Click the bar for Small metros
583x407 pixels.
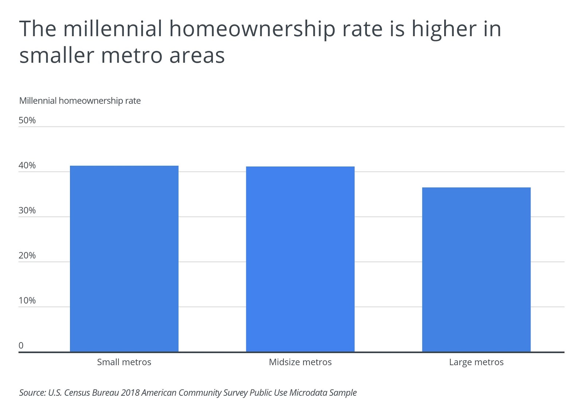pyautogui.click(x=124, y=259)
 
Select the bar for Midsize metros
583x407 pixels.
pyautogui.click(x=300, y=259)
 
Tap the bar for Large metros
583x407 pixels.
pyautogui.click(x=476, y=270)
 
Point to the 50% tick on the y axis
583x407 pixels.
pyautogui.click(x=27, y=121)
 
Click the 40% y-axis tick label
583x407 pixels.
pyautogui.click(x=27, y=165)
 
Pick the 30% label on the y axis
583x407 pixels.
pyautogui.click(x=27, y=211)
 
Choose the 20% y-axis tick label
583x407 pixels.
pyautogui.click(x=27, y=255)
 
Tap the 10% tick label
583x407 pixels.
pyautogui.click(x=27, y=301)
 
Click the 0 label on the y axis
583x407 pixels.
pyautogui.click(x=21, y=345)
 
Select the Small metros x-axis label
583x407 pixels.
pyautogui.click(x=124, y=362)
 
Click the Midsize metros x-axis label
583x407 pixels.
pyautogui.click(x=300, y=362)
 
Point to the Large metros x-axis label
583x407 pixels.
pyautogui.click(x=476, y=362)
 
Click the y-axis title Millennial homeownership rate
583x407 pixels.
pyautogui.click(x=80, y=101)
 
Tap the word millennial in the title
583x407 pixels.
pyautogui.click(x=113, y=29)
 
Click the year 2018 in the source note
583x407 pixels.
pyautogui.click(x=130, y=393)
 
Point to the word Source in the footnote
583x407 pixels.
pyautogui.click(x=32, y=393)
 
